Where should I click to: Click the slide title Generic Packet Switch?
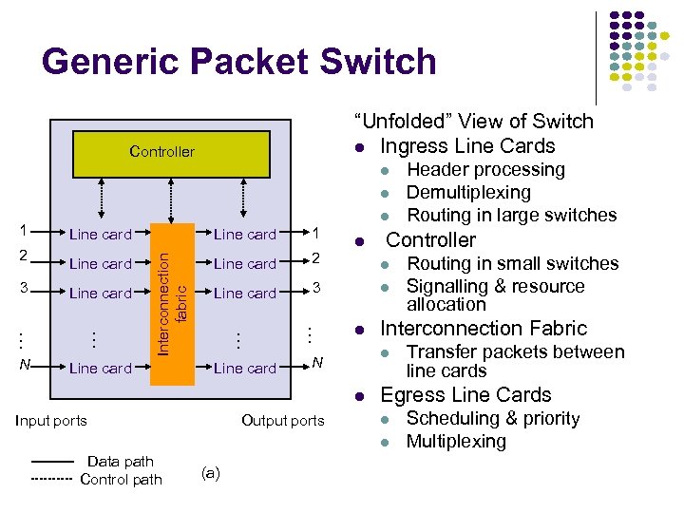239,62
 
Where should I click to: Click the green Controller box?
161,152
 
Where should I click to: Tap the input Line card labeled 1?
101,235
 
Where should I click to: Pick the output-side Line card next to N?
244,369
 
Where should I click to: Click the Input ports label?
51,421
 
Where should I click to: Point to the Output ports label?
282,421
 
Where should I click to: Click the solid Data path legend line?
52,462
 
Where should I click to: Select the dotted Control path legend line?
52,480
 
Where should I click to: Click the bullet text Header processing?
485,170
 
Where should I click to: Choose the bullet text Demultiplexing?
469,193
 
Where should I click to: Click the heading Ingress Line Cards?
467,146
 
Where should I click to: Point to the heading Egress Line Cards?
465,395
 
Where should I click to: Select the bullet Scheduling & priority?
492,419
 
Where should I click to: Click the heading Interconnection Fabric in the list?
484,329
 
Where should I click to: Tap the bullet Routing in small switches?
512,264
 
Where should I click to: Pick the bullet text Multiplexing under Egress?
456,442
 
